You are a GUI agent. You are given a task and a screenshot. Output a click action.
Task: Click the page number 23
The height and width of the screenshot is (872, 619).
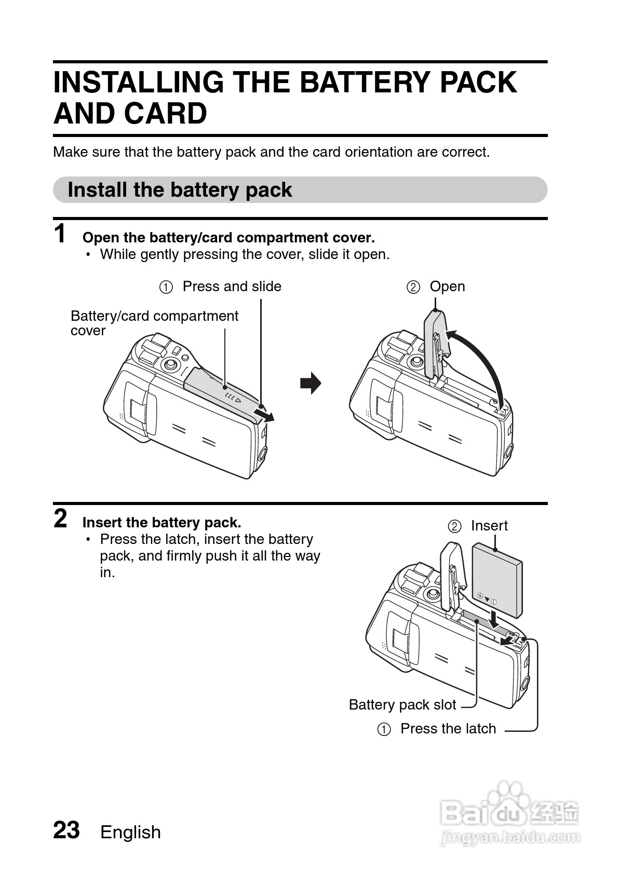click(x=66, y=830)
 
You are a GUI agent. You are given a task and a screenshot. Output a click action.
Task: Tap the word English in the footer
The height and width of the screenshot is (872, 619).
click(x=130, y=832)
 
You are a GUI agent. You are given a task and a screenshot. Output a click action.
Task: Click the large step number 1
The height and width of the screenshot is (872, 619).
click(x=61, y=234)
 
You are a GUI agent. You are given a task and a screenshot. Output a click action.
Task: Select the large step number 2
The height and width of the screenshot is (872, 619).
click(x=61, y=519)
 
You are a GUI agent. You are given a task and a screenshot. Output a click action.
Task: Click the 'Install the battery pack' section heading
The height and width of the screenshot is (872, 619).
click(x=180, y=190)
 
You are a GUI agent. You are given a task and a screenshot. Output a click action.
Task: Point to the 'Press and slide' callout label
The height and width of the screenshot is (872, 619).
click(x=232, y=287)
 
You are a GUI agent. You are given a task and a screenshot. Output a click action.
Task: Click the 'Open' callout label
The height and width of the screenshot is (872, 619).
click(x=447, y=287)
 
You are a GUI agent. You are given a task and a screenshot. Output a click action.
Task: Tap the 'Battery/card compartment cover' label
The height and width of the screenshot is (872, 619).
click(x=154, y=323)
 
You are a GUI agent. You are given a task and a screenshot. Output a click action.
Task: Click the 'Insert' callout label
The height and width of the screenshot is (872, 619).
click(x=489, y=526)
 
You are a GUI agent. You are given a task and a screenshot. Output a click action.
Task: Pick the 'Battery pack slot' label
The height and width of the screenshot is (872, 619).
click(x=402, y=705)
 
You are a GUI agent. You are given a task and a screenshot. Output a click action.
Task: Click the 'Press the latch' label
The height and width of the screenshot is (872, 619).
click(x=448, y=729)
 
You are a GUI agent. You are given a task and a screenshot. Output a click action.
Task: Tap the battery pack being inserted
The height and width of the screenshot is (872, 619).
click(x=497, y=579)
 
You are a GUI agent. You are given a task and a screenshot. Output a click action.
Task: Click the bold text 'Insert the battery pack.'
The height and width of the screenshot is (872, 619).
click(x=162, y=522)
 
